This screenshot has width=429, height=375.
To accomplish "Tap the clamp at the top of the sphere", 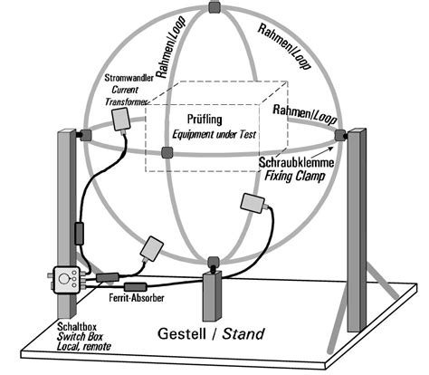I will coord(214,7).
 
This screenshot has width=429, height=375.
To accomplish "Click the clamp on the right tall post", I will coord(341,135).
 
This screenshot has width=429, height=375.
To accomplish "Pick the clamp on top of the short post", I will coord(213,264).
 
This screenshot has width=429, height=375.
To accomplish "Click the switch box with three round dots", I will coord(65,281).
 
